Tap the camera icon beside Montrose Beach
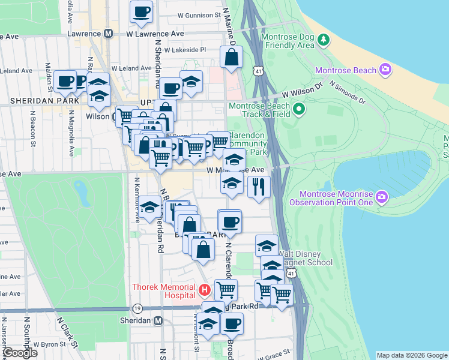pyautogui.click(x=385, y=70)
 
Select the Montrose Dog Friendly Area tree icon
pyautogui.click(x=324, y=40)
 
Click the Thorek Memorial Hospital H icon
pyautogui.click(x=204, y=291)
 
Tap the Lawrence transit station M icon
pyautogui.click(x=109, y=34)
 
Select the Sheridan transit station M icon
pyautogui.click(x=158, y=321)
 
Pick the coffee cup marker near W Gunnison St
pyautogui.click(x=141, y=11)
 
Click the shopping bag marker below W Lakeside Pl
pyautogui.click(x=231, y=58)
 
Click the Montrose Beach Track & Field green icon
pyautogui.click(x=298, y=110)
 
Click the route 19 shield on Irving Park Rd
pyautogui.click(x=137, y=308)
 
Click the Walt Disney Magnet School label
pyautogui.click(x=303, y=258)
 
